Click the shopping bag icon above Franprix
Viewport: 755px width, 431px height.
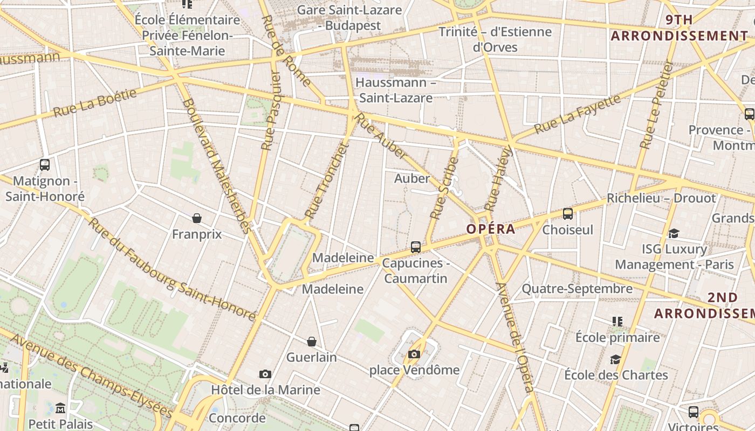pos(197,218)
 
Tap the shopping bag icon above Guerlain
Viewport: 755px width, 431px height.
pos(312,341)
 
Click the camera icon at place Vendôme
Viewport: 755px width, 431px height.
pos(414,354)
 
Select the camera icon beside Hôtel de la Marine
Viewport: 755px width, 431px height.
pos(265,374)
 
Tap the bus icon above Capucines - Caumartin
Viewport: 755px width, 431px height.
pos(415,247)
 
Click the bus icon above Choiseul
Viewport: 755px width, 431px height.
pos(568,214)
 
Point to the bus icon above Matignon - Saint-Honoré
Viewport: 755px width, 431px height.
pos(45,165)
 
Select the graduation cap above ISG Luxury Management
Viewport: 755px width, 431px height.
pos(674,233)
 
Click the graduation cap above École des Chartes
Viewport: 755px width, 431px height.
pos(615,359)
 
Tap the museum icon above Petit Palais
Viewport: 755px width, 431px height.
pos(60,408)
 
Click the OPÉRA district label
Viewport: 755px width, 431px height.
pos(491,229)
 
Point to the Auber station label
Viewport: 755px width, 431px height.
pos(412,178)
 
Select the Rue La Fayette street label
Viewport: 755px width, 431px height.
pos(578,115)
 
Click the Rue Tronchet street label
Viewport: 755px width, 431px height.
pos(327,180)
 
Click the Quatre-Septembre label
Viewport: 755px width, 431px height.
pos(576,289)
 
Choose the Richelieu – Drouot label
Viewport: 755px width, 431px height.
pos(661,198)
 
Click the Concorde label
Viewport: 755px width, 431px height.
pos(237,418)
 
